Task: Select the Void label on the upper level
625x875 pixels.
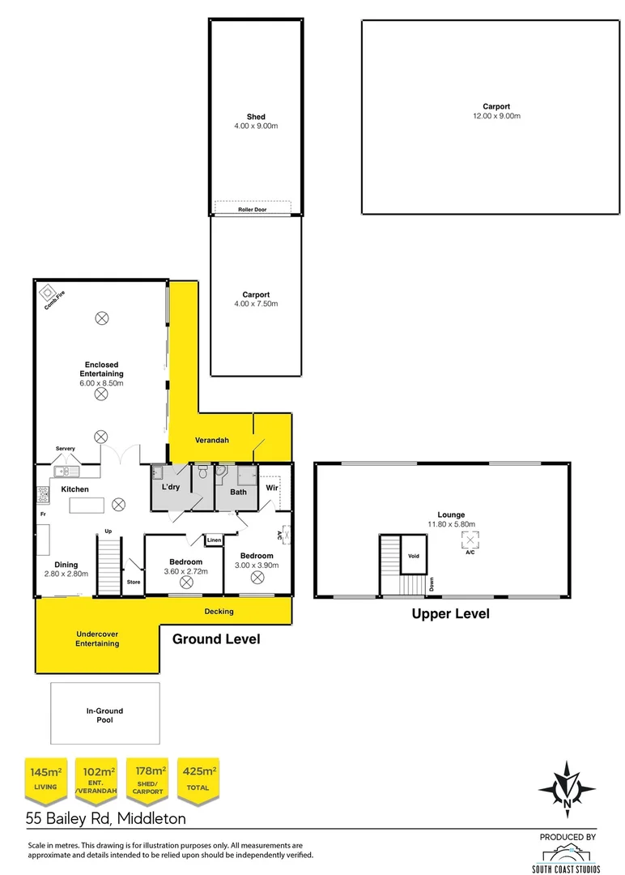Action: [413, 556]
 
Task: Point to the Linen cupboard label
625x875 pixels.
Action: [214, 540]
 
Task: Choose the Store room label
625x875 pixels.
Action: [133, 581]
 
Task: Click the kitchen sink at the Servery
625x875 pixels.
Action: [63, 471]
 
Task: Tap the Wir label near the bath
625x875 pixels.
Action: [272, 488]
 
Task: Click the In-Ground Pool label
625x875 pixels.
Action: [105, 715]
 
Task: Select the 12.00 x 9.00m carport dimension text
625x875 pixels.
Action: [496, 117]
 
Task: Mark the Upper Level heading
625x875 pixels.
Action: [450, 614]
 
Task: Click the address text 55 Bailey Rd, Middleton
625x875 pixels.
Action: [106, 819]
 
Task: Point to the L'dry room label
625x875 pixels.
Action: [171, 487]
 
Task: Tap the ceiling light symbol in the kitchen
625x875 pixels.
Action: [118, 504]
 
